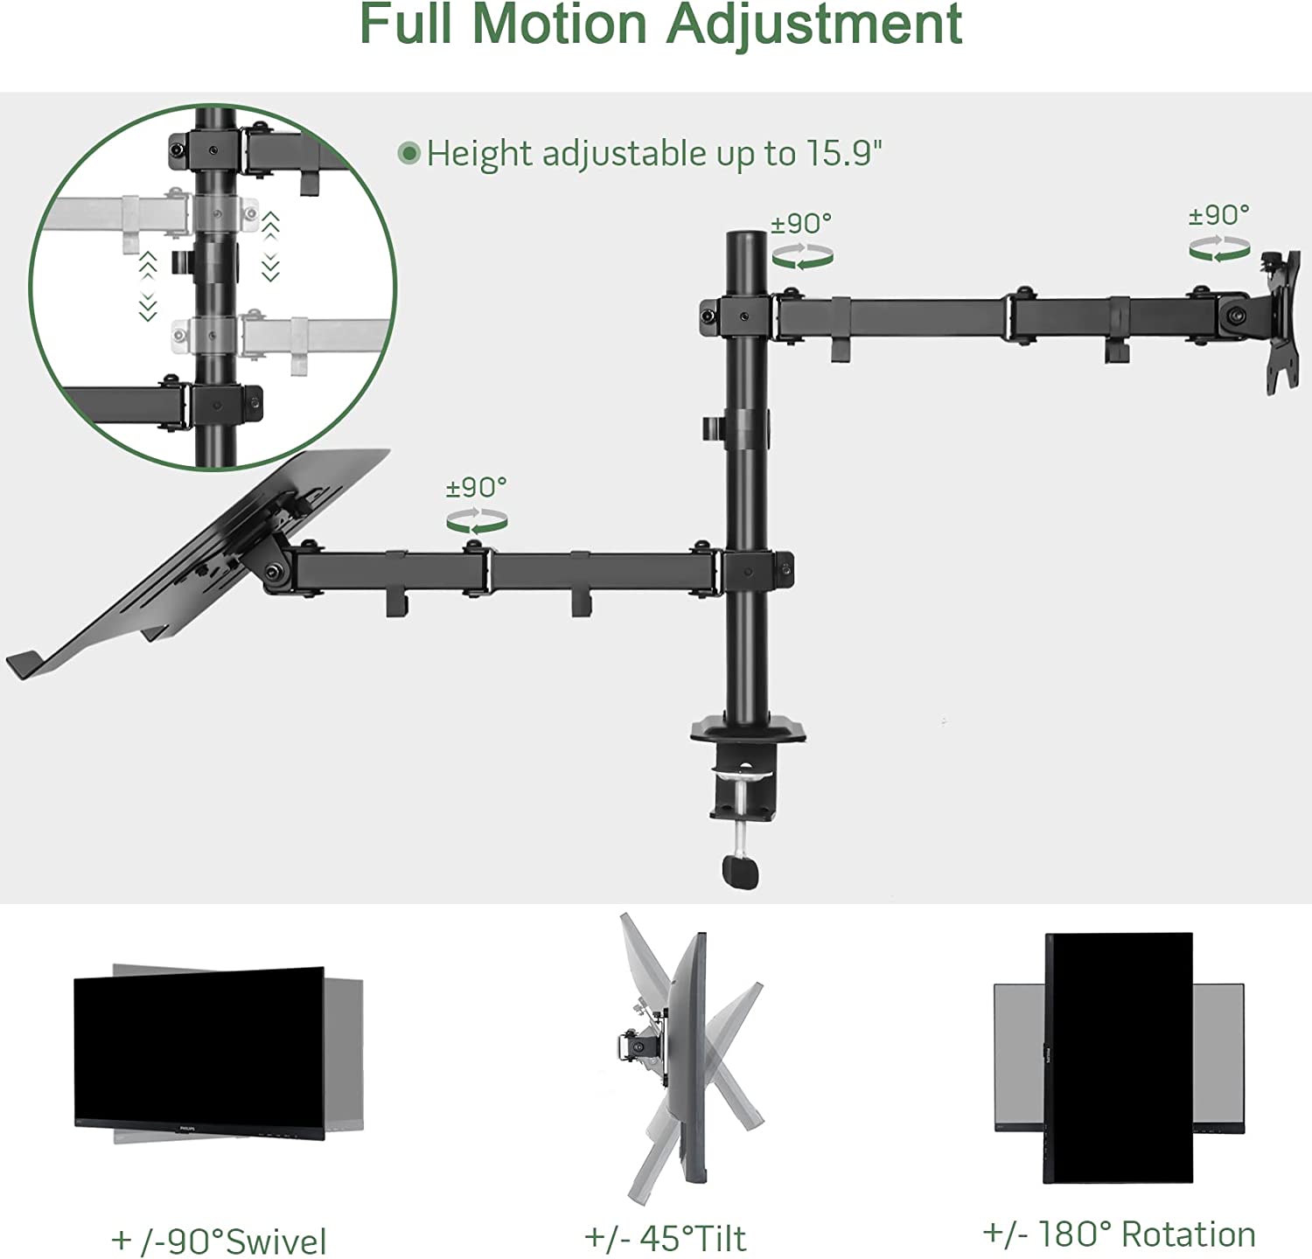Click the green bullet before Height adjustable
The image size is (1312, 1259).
tap(408, 154)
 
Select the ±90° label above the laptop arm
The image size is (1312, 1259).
tap(477, 487)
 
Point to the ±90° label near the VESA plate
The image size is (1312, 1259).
tap(1219, 214)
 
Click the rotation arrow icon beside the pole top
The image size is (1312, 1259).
tap(802, 256)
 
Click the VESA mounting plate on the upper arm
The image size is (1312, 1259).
tap(1280, 322)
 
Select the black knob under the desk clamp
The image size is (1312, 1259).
tap(740, 872)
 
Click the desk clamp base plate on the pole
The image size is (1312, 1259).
tap(749, 731)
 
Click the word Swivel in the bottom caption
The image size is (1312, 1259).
tap(276, 1242)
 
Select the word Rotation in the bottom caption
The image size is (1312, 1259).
tap(1189, 1235)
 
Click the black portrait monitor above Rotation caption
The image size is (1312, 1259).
tap(1119, 1058)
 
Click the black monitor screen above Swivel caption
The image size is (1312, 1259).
tap(199, 1053)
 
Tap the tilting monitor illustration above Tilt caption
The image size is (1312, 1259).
tap(691, 1058)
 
